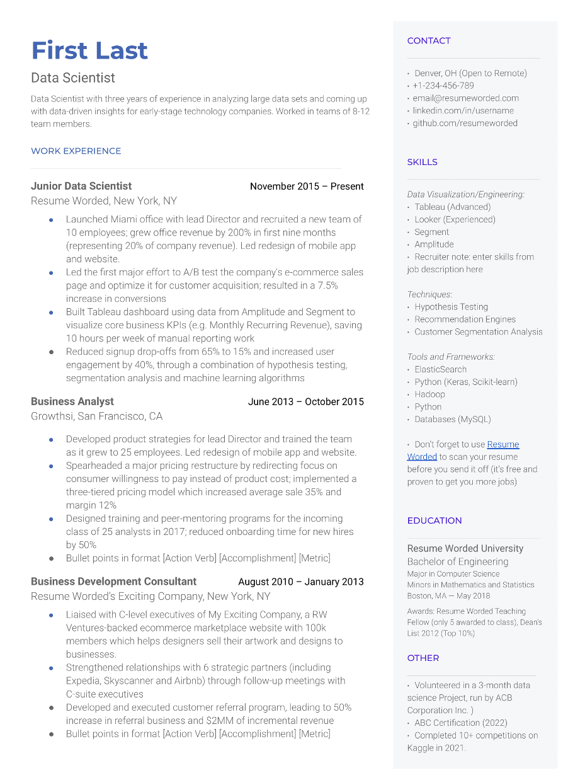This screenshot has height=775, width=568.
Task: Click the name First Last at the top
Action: click(89, 50)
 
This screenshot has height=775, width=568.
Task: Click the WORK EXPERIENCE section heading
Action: click(76, 151)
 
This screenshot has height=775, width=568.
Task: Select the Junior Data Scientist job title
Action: click(81, 187)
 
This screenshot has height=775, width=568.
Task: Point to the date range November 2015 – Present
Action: click(307, 187)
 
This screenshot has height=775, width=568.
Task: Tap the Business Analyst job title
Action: click(72, 401)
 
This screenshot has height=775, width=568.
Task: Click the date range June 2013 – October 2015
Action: click(305, 402)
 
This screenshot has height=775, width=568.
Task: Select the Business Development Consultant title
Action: click(113, 582)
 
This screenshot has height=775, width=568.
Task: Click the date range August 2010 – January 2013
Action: click(300, 582)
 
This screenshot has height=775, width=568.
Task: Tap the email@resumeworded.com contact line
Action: click(466, 98)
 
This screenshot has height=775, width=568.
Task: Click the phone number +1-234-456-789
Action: click(443, 86)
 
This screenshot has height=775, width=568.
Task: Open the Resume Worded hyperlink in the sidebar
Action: click(503, 445)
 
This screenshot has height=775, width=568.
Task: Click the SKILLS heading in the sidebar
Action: click(422, 163)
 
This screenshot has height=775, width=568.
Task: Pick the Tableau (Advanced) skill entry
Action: click(452, 207)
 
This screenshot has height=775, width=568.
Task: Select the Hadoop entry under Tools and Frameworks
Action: click(429, 394)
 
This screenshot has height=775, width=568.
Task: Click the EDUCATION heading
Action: click(435, 521)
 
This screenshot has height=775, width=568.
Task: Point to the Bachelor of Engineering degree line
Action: click(458, 562)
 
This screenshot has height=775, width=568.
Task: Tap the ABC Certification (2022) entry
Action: click(460, 723)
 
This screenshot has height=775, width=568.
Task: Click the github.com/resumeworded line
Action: click(465, 123)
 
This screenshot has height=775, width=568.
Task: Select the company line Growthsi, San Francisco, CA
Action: click(96, 416)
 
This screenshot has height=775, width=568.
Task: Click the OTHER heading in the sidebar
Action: click(423, 658)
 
